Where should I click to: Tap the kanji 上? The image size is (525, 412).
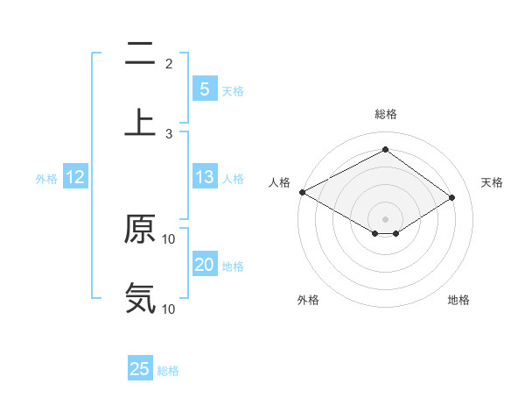click(140, 121)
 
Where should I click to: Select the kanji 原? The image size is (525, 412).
click(140, 230)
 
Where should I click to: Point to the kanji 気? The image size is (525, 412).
click(140, 298)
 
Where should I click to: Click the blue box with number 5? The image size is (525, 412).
click(204, 89)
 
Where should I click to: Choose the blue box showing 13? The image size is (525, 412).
click(204, 177)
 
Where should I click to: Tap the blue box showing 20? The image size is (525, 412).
click(204, 265)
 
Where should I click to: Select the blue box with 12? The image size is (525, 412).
click(75, 177)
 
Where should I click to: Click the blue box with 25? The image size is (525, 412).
click(140, 369)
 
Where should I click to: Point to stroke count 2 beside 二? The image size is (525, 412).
click(169, 63)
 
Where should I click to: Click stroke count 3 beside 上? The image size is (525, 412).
click(169, 133)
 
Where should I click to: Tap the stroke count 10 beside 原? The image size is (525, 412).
click(169, 238)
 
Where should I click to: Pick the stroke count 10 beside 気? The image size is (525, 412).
click(169, 309)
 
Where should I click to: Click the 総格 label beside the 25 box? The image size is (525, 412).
click(168, 371)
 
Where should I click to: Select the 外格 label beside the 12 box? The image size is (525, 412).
click(46, 179)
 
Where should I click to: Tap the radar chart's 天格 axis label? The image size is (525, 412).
click(493, 182)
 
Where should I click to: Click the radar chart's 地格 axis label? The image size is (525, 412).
click(458, 300)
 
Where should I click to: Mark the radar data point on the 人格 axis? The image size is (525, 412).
click(302, 191)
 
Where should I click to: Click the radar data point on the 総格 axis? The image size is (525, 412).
click(385, 150)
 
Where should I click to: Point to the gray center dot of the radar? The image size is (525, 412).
click(385, 217)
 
